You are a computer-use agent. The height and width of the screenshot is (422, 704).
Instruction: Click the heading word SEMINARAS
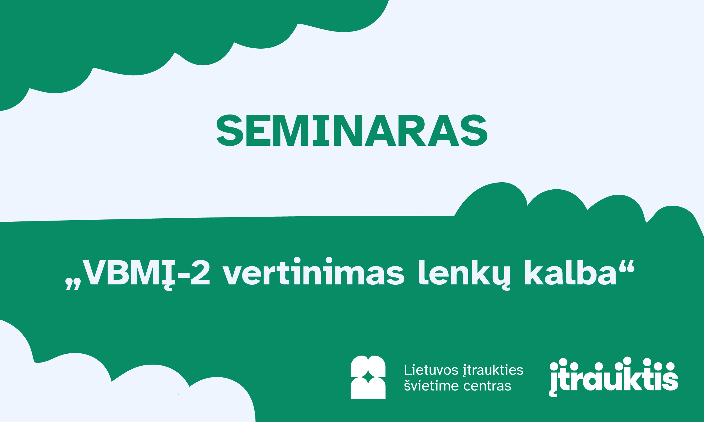click(352, 130)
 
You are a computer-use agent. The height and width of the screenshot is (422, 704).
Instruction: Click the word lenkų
click(464, 273)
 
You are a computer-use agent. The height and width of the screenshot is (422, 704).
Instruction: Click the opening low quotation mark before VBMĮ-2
click(73, 284)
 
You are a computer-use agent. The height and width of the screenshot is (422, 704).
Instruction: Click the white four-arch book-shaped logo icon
click(368, 377)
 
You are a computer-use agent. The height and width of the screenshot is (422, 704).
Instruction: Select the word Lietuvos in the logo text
click(431, 370)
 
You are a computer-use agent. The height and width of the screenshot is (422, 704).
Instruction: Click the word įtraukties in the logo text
click(493, 371)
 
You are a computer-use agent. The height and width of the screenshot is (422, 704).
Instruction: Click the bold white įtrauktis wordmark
click(614, 377)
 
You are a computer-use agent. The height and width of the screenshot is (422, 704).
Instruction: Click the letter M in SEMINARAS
click(291, 130)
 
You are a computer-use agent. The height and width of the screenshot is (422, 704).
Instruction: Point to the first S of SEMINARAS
click(230, 130)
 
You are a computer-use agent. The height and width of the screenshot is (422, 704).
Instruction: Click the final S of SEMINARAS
click(474, 130)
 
